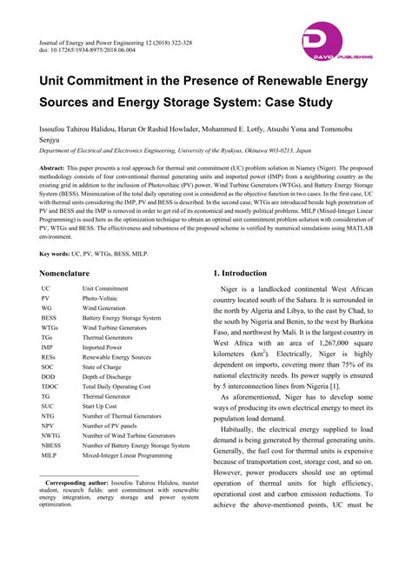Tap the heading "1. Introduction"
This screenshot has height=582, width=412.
(249, 273)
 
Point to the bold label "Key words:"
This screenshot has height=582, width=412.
(58, 253)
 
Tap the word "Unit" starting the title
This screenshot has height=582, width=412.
(53, 80)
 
